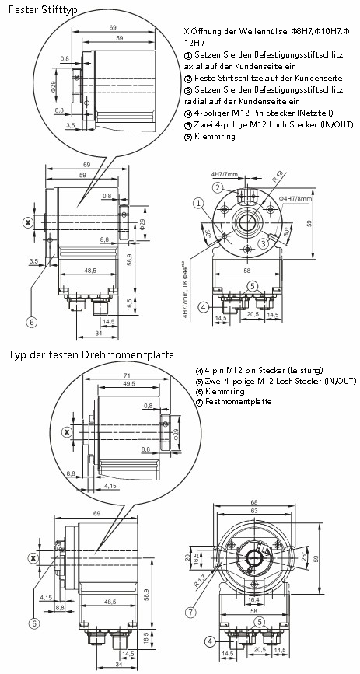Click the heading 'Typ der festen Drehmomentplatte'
(91, 354)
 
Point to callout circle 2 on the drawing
(218, 187)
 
